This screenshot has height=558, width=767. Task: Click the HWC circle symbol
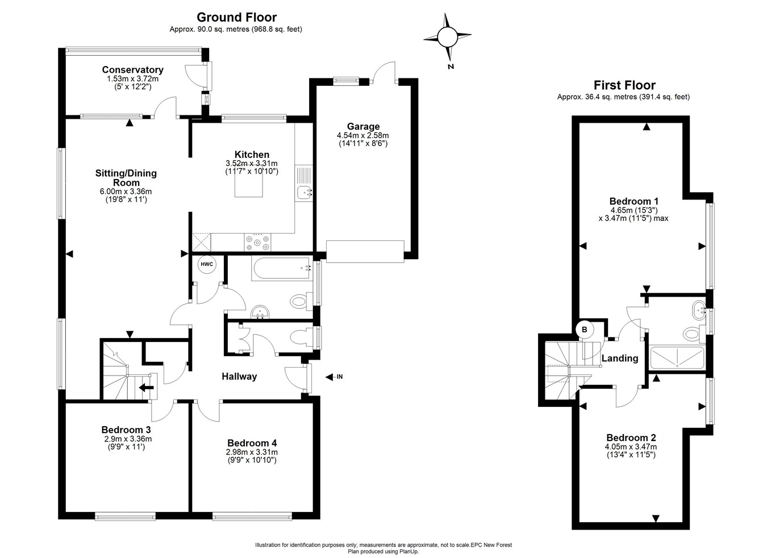tap(207, 264)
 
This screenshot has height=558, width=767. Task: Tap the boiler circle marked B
tap(585, 330)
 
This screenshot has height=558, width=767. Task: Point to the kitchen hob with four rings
tap(257, 242)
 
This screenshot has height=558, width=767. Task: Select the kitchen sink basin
tap(304, 192)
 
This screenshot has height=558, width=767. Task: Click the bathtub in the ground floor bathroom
tap(282, 268)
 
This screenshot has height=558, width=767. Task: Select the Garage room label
tap(363, 126)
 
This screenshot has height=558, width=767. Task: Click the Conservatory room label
tap(133, 69)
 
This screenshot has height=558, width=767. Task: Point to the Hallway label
tap(239, 377)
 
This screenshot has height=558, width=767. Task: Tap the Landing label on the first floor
tap(620, 359)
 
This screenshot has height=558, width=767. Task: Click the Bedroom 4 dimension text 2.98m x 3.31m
tap(252, 452)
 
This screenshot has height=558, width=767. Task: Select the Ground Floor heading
tap(236, 17)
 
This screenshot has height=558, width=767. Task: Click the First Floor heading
tap(624, 85)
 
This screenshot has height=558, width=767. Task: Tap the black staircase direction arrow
tap(146, 388)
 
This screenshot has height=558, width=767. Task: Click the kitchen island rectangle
tap(249, 182)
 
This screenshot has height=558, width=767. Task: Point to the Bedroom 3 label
tap(126, 430)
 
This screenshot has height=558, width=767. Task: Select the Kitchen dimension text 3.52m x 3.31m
tap(252, 164)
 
